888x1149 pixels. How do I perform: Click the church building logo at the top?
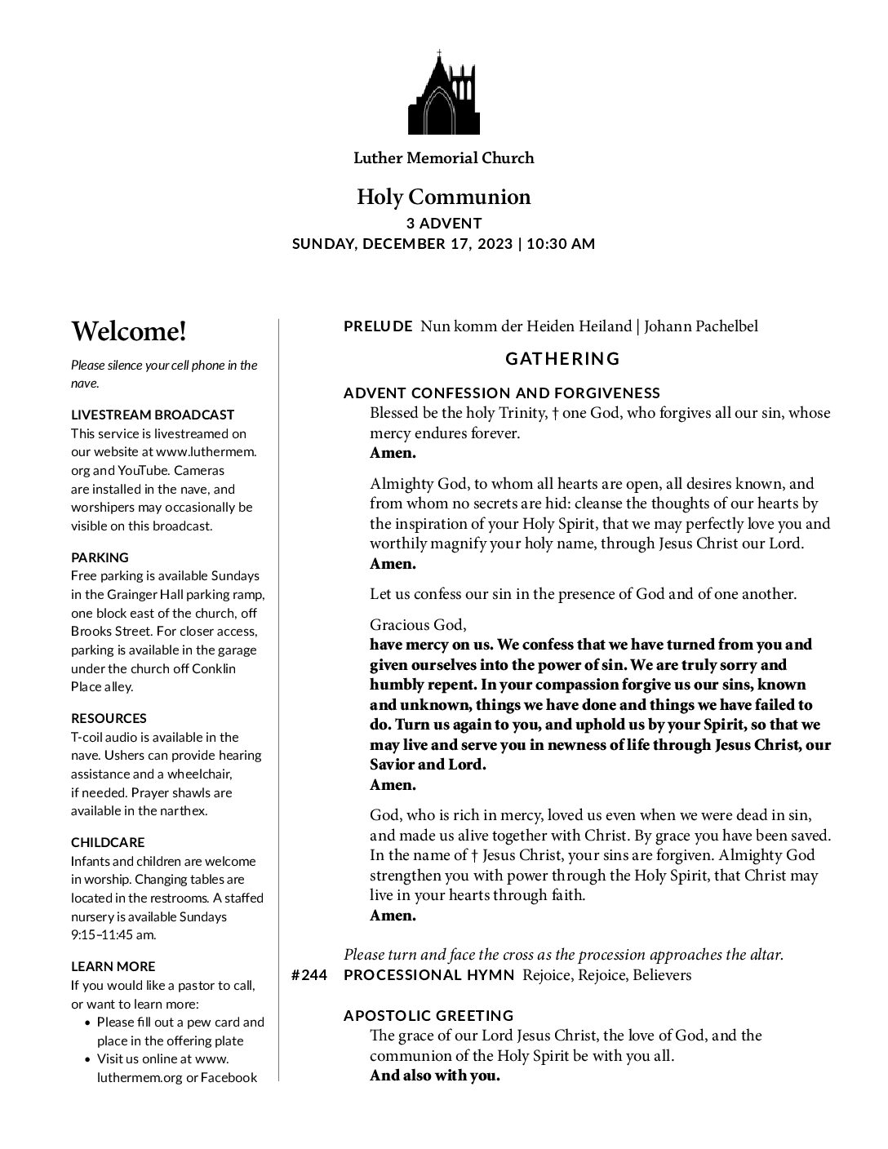(443, 93)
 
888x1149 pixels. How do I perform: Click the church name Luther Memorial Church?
(443, 158)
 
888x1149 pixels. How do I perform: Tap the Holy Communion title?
(443, 197)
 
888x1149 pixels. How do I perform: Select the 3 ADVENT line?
(444, 224)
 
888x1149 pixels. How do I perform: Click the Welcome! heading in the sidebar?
(129, 332)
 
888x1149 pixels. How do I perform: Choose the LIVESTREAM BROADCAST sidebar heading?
(153, 415)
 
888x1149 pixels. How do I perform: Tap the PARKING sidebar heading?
(100, 558)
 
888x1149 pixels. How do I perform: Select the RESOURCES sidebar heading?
(109, 719)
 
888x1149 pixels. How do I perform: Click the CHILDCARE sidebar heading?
(108, 843)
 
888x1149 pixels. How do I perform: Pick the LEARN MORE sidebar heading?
(113, 967)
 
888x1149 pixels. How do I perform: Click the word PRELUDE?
(378, 327)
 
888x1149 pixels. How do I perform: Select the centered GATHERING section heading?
(562, 359)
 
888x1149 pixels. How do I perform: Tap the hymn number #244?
(309, 976)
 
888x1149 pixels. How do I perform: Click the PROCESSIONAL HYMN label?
(429, 976)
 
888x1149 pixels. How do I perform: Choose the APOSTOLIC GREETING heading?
(428, 1016)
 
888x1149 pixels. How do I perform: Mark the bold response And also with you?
(434, 1076)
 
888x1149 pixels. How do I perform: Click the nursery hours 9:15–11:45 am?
(113, 935)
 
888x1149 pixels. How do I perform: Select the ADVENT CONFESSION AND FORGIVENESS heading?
(502, 393)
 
